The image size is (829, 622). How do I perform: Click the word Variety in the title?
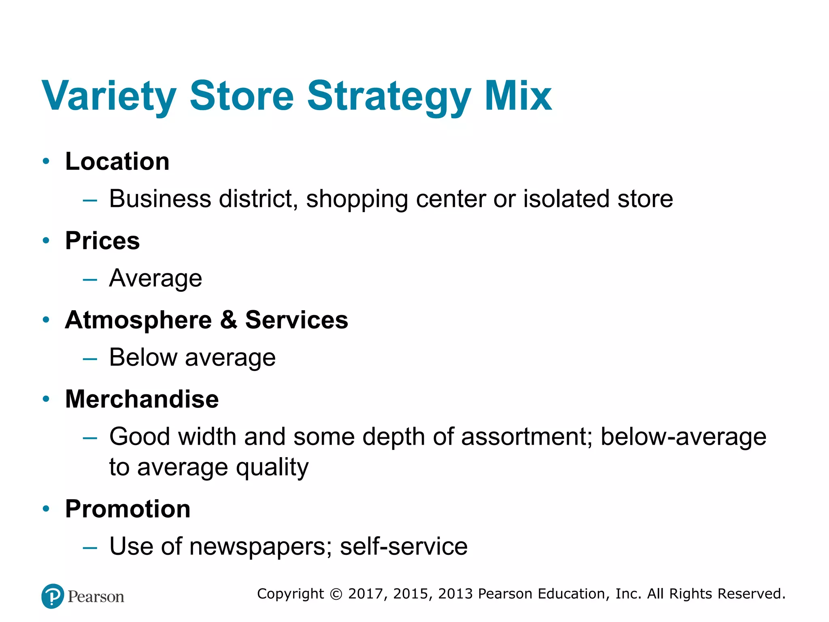(108, 96)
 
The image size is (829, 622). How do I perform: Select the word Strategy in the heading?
(389, 97)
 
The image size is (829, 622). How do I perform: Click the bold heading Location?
(117, 162)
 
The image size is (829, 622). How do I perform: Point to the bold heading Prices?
(102, 241)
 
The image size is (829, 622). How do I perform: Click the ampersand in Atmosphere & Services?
(229, 320)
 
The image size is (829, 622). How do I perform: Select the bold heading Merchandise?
(142, 399)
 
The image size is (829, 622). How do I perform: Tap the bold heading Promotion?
(128, 509)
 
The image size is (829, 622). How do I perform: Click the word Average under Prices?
(156, 279)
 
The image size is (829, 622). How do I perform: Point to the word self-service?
(404, 547)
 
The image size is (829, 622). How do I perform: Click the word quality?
(272, 468)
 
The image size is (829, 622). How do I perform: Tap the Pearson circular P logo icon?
(53, 596)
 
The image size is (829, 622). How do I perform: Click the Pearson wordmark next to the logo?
(96, 597)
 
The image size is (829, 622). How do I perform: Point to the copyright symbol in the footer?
(336, 594)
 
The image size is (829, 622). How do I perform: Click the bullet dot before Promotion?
(46, 509)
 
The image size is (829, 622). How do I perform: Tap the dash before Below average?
(90, 359)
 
